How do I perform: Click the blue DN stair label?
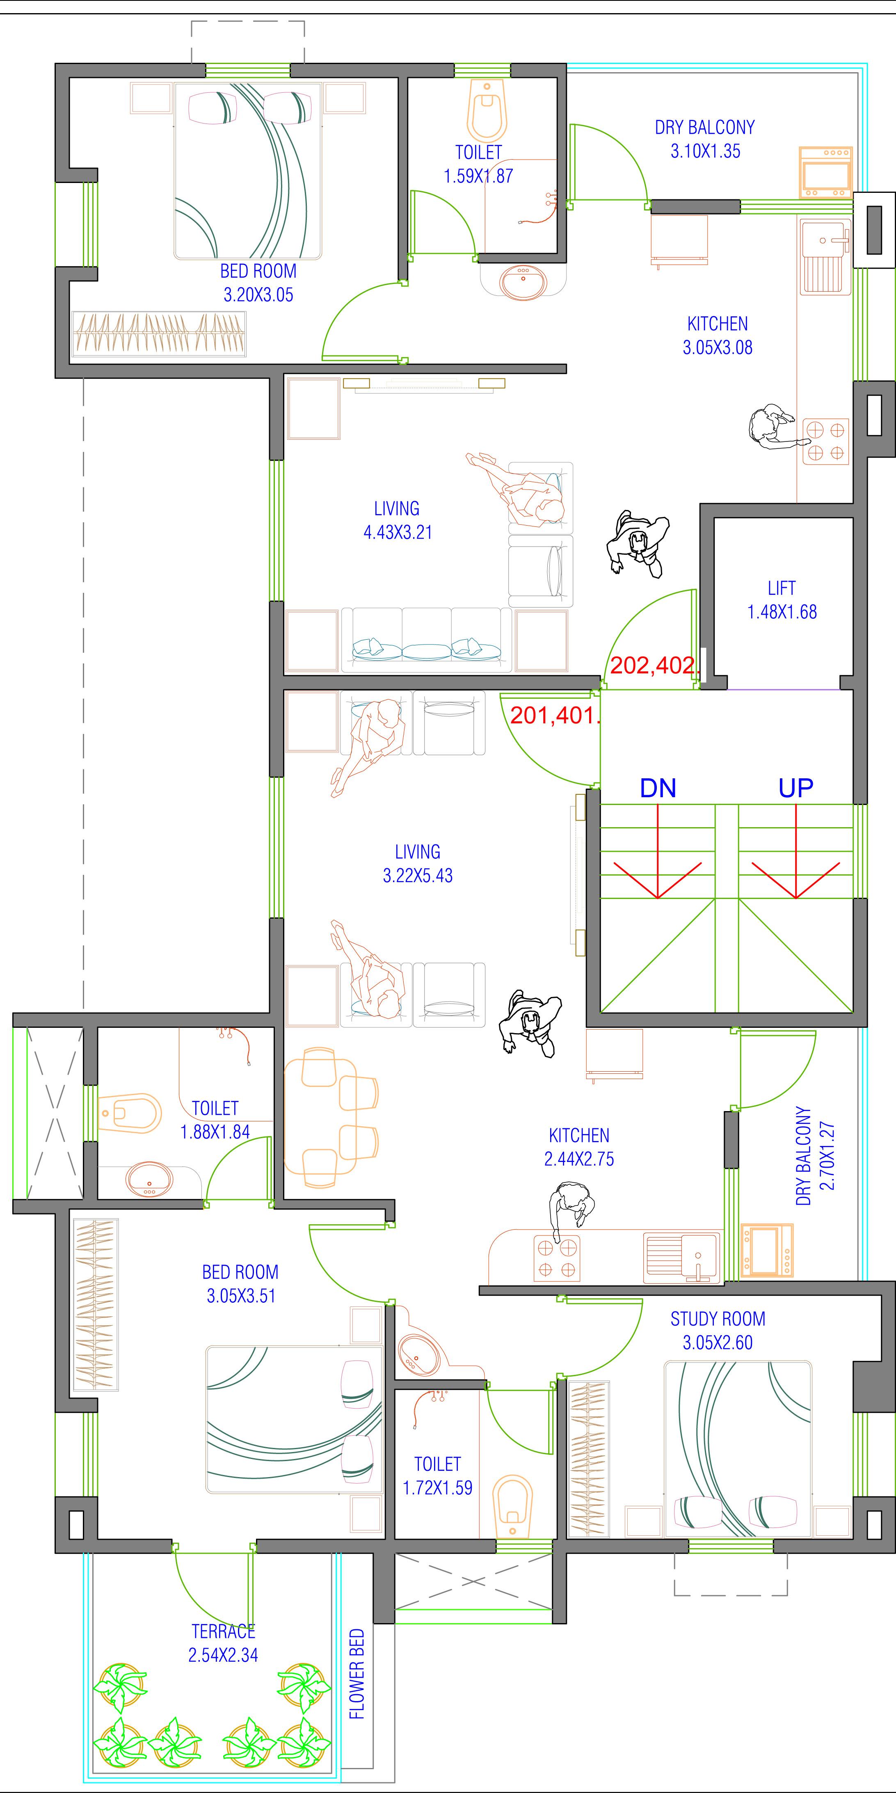(658, 788)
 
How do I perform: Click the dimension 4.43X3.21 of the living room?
(398, 533)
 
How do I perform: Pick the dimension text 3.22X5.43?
(418, 876)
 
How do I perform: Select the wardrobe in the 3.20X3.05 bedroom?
(160, 334)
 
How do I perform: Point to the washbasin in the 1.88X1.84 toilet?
(148, 1178)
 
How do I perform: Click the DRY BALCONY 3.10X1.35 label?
(704, 139)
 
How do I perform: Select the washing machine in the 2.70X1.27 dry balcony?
(766, 1250)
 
